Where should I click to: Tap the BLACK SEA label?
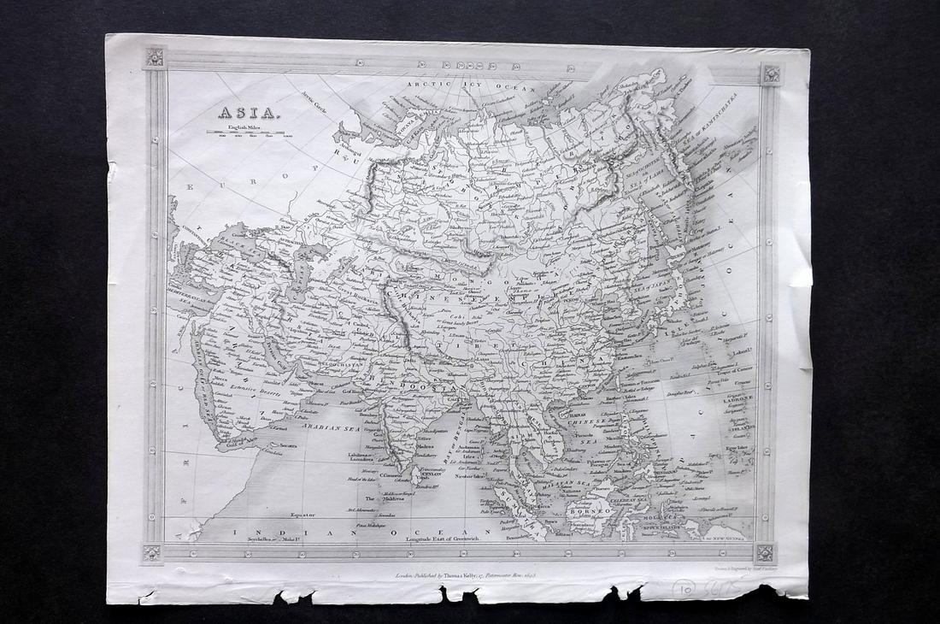[236, 244]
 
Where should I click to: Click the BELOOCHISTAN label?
[342, 362]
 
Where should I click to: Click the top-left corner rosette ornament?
[155, 57]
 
